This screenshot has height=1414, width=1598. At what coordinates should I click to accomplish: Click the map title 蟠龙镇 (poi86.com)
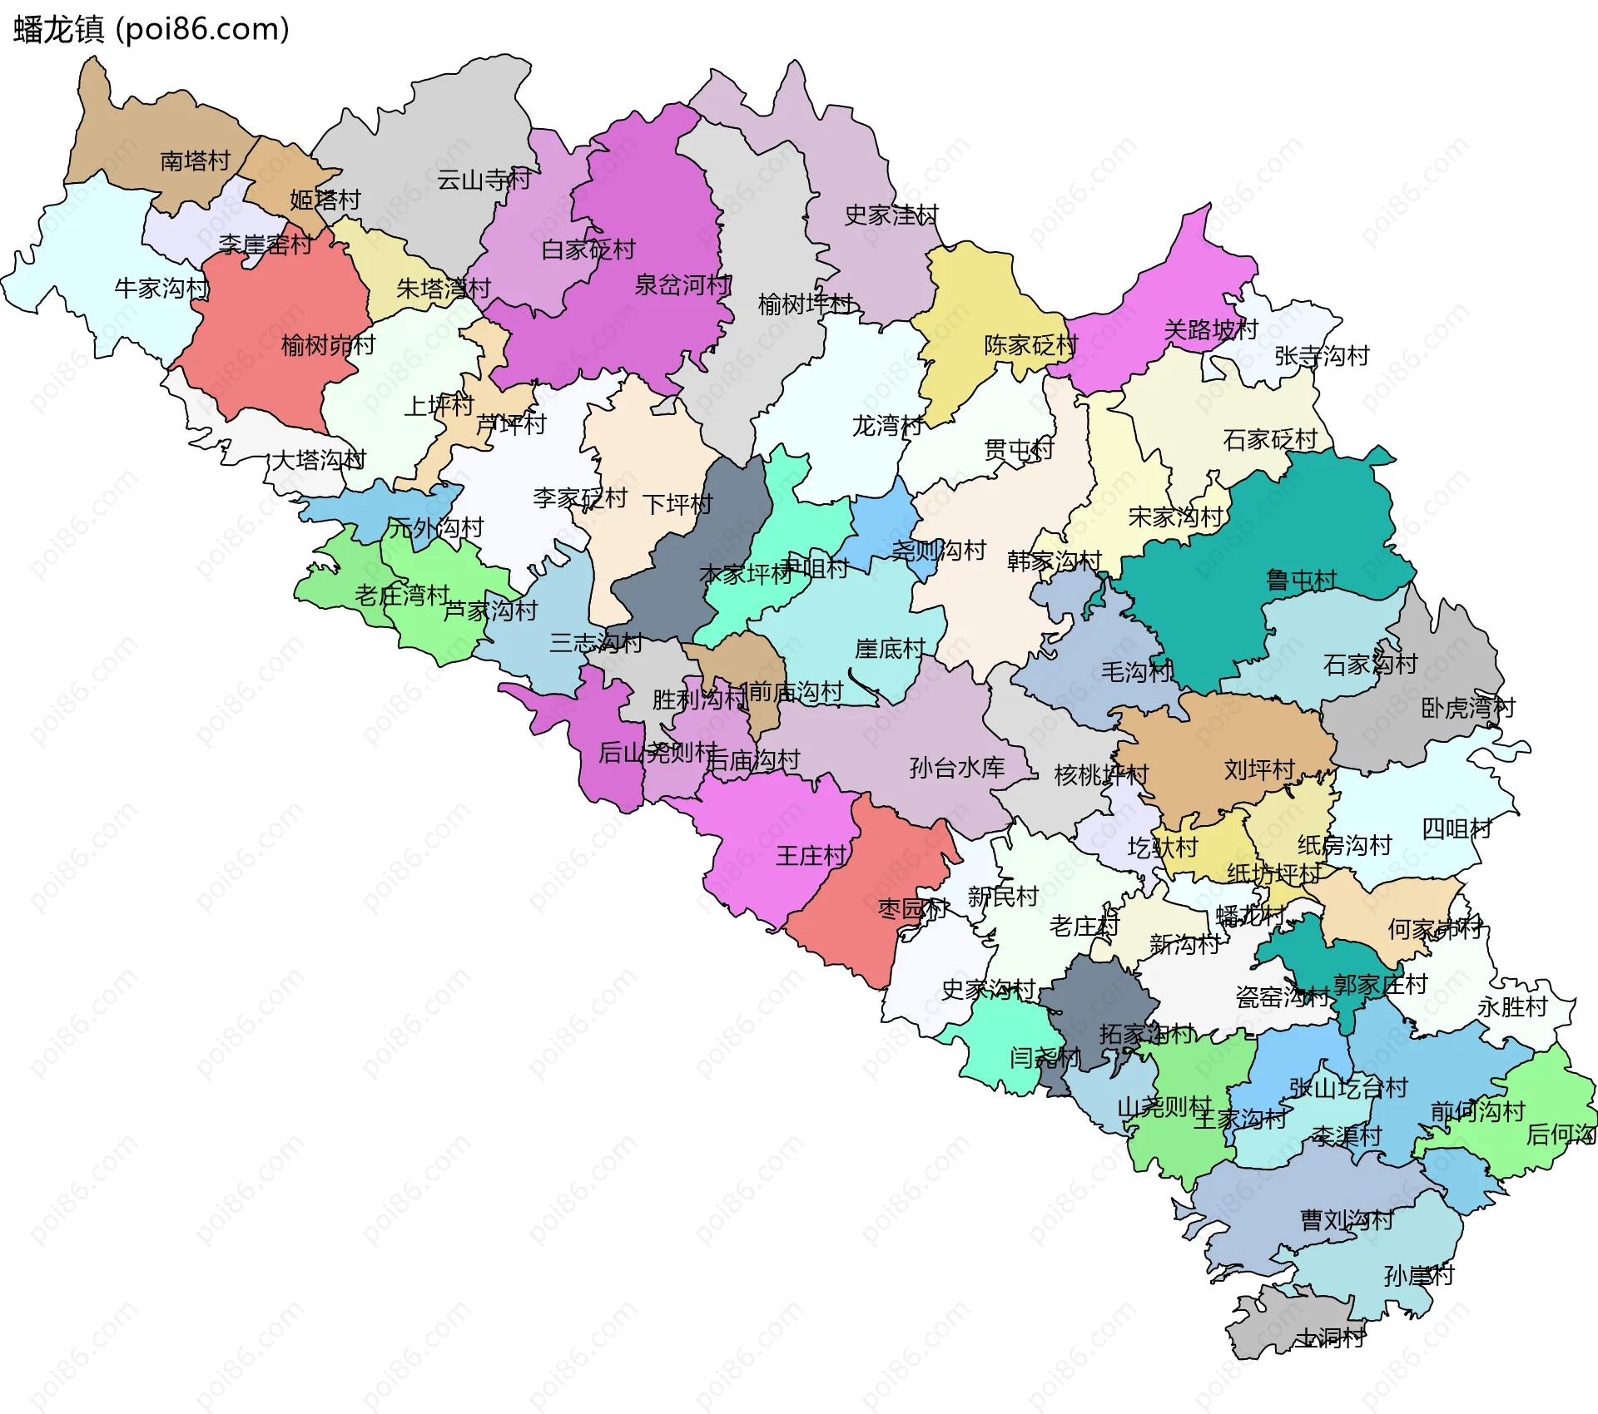click(151, 30)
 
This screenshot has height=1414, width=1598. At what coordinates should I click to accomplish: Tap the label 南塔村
click(195, 161)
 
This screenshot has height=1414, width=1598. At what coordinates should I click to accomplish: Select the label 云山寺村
click(484, 180)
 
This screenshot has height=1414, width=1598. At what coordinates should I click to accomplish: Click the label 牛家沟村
click(161, 289)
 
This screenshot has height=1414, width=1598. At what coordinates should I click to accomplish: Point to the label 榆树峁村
click(328, 344)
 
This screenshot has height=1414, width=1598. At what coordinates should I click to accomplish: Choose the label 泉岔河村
click(682, 285)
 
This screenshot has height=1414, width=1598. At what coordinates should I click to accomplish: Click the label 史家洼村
click(891, 215)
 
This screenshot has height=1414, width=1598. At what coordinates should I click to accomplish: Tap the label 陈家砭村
click(1030, 345)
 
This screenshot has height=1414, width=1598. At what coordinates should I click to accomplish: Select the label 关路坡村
click(1210, 330)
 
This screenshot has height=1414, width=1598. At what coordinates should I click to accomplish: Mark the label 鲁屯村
click(1301, 580)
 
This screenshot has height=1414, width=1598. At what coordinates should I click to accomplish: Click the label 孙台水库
click(957, 768)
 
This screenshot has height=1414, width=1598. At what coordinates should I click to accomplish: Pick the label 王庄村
click(811, 856)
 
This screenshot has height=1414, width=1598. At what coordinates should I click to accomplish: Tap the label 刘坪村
click(1259, 769)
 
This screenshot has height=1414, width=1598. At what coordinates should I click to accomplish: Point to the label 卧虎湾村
click(1467, 708)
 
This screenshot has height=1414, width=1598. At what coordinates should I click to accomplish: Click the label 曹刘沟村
click(1347, 1220)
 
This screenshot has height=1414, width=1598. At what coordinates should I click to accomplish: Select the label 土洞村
click(1329, 1337)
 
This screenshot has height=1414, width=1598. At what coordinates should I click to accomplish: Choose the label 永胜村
click(1512, 1007)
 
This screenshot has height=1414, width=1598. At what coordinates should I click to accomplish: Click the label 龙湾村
click(887, 426)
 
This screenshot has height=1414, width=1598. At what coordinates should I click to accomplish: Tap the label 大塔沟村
click(319, 460)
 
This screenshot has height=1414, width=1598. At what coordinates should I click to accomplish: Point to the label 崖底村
click(890, 649)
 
